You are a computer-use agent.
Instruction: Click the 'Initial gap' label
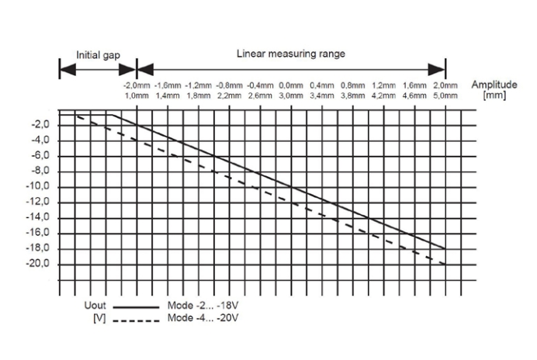(96, 55)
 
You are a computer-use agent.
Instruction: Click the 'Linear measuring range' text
(290, 54)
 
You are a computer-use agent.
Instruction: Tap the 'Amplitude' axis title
(494, 84)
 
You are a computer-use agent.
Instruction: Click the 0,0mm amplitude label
(290, 85)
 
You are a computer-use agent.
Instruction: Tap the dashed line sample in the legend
(135, 318)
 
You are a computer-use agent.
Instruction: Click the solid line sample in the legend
(135, 307)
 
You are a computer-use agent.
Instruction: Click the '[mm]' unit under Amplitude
(494, 94)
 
